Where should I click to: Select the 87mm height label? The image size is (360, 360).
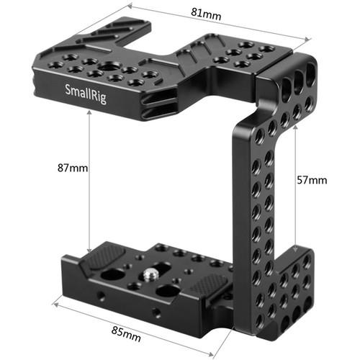pyautogui.click(x=74, y=168)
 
